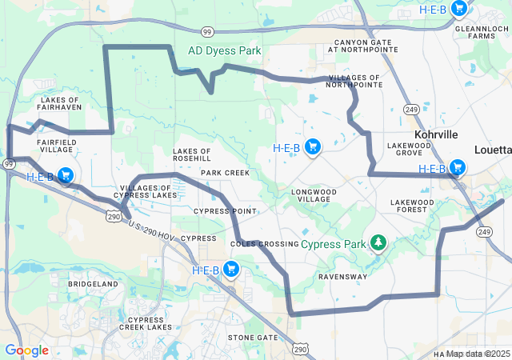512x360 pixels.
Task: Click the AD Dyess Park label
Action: click(224, 50)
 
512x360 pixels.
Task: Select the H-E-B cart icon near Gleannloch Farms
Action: click(459, 9)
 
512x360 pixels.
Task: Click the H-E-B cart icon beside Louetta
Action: click(458, 167)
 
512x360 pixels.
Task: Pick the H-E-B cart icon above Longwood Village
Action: click(313, 146)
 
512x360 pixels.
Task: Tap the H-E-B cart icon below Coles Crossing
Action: click(232, 269)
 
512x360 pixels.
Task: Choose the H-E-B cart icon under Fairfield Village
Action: click(66, 175)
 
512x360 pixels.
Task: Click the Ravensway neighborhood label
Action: click(342, 277)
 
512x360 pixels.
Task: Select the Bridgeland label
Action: click(93, 284)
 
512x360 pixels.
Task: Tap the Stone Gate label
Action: click(252, 338)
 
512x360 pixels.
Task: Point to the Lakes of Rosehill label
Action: click(192, 154)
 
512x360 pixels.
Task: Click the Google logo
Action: click(26, 350)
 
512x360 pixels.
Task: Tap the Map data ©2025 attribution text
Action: click(478, 354)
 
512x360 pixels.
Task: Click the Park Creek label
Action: click(225, 173)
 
